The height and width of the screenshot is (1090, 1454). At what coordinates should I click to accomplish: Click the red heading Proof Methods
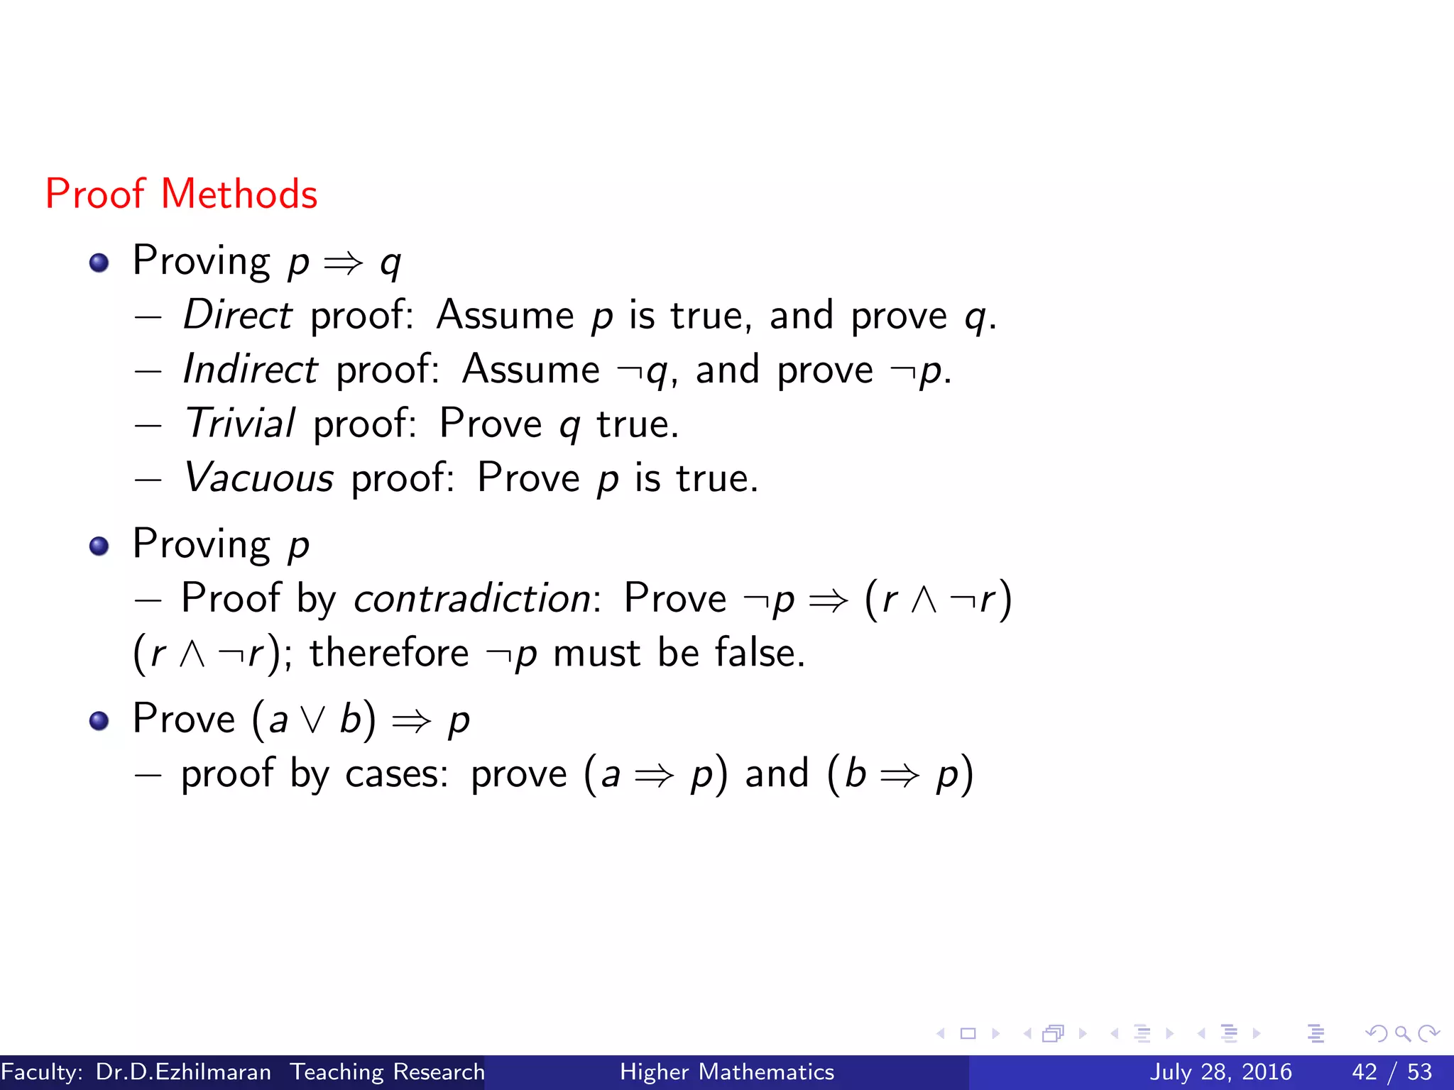click(181, 194)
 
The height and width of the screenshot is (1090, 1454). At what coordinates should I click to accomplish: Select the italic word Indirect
click(250, 369)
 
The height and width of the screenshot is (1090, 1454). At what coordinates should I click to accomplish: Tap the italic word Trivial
click(239, 424)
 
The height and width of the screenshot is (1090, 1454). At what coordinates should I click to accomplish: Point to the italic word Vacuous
click(258, 478)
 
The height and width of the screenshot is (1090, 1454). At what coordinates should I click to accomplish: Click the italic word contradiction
click(472, 598)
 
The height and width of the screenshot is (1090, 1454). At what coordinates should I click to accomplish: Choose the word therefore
click(389, 653)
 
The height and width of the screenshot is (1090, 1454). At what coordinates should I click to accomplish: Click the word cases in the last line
click(396, 774)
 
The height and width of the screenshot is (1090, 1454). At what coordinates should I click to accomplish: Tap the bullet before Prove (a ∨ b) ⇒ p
click(99, 721)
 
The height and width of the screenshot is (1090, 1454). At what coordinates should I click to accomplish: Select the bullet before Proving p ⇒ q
click(99, 263)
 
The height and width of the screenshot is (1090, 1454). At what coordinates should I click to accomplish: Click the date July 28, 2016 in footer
click(1220, 1072)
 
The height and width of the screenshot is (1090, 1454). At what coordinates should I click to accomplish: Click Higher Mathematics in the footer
click(727, 1072)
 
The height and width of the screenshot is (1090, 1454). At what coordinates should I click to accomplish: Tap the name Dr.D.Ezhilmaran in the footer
click(183, 1072)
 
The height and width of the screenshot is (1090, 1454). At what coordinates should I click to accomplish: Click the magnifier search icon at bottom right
click(1402, 1033)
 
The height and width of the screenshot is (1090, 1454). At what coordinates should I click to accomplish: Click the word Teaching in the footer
click(337, 1072)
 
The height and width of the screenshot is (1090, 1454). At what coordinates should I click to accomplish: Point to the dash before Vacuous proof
click(148, 479)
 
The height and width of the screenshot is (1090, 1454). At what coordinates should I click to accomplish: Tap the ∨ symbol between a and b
click(313, 720)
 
